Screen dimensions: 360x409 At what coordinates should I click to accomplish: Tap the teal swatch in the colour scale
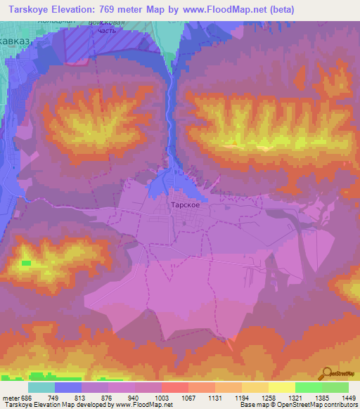pyautogui.click(x=41, y=387)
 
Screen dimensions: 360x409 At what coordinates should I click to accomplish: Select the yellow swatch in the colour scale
pyautogui.click(x=282, y=387)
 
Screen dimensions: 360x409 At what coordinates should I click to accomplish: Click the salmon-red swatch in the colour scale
pyautogui.click(x=175, y=387)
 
